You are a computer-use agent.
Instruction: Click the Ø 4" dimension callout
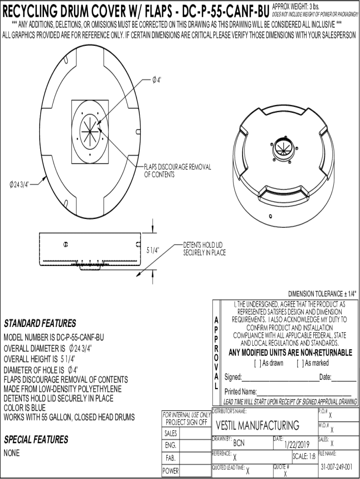pos(157,80)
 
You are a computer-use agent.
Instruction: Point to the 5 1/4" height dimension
pos(153,250)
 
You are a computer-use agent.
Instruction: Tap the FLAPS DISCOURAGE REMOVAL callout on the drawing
pos(177,171)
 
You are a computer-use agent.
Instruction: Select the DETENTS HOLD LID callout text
pos(204,249)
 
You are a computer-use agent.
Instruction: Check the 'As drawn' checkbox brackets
pos(257,363)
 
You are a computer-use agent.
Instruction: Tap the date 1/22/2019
pos(297,444)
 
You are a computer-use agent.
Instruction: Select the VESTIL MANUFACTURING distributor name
pos(258,426)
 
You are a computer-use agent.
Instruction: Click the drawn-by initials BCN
pos(238,443)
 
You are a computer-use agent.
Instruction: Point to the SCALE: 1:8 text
pos(303,457)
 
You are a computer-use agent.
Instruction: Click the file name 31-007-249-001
pos(337,467)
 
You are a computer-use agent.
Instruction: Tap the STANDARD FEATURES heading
pos(40,323)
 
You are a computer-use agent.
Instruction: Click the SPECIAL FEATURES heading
pos(36,440)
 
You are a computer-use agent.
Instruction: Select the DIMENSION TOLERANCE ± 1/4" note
pos(322,294)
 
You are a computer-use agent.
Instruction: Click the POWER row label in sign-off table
pos(170,472)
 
